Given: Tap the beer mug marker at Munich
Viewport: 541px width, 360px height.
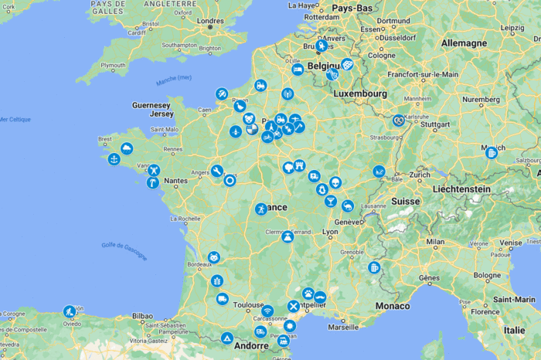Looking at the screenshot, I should tap(491, 153).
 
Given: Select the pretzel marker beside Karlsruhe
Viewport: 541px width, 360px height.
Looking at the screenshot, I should tap(398, 121).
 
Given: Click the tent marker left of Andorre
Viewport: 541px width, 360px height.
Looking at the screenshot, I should tap(227, 338).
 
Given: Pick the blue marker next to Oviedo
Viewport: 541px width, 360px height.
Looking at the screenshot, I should tap(70, 311).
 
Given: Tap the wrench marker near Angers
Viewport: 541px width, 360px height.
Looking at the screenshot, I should tap(218, 171).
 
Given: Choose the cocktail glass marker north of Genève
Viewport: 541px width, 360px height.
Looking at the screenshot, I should tap(331, 201).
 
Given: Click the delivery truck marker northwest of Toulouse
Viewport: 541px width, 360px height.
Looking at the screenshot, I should tap(223, 298).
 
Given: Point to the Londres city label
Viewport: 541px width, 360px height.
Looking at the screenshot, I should tap(210, 22).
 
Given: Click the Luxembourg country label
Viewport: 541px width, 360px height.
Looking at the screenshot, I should tap(360, 93).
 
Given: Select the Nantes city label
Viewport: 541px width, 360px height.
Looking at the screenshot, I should tap(175, 181).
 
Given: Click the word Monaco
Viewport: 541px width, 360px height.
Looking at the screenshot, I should tap(392, 306).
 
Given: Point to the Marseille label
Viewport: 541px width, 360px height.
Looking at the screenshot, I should tap(342, 327).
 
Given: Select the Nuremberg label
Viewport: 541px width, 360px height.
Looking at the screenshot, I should tap(481, 100).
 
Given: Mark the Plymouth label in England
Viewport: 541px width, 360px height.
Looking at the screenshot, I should tap(112, 66).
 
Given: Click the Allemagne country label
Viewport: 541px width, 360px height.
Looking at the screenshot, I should tap(464, 44).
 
